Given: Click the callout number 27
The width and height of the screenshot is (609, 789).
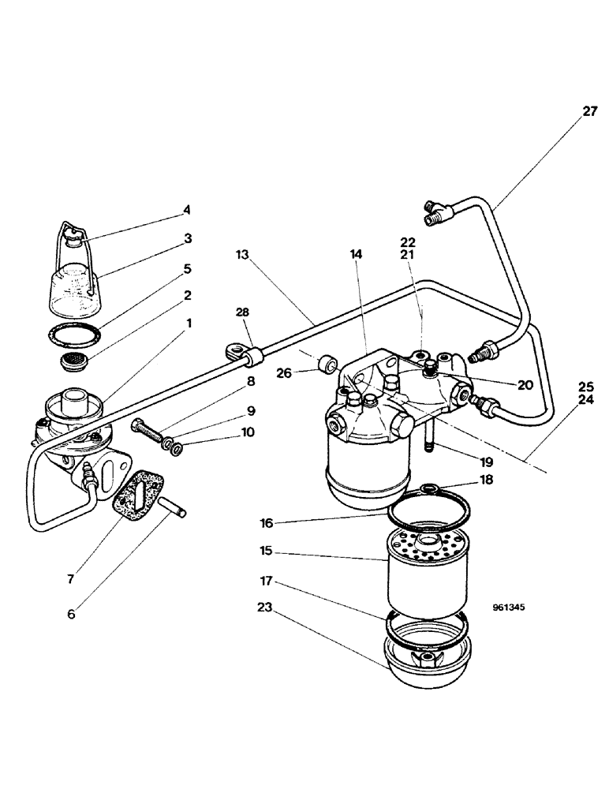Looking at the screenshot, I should (x=590, y=112).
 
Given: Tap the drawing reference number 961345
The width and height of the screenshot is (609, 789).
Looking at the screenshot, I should (x=508, y=608).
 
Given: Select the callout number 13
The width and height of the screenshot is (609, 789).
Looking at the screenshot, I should (x=242, y=255).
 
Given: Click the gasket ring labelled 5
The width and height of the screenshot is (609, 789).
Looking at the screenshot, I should (x=73, y=333).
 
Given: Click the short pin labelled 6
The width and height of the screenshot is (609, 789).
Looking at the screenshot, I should (x=171, y=507).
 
